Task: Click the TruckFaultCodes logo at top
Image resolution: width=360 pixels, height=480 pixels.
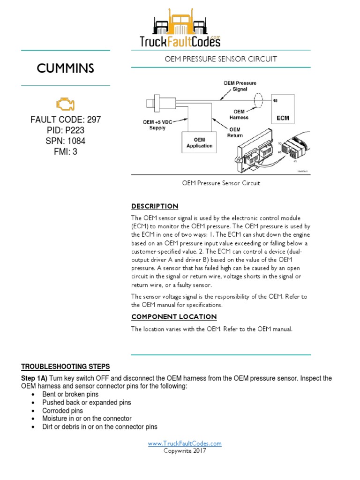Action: coord(180,30)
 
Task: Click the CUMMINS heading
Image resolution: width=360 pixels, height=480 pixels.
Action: coord(66,68)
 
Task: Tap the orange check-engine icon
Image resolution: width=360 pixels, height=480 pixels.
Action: coord(65,104)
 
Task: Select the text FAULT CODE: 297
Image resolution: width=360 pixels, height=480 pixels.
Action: coord(66,120)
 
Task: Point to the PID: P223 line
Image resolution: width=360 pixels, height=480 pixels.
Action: coord(66,130)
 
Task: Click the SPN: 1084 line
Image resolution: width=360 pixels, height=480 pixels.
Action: coord(66,141)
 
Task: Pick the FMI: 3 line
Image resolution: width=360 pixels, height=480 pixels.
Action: coord(66,152)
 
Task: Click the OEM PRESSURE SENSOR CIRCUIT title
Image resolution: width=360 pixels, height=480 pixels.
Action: coord(220,59)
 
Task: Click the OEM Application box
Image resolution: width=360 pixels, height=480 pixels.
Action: coord(199,142)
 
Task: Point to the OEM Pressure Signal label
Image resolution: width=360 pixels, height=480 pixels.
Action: coord(240,86)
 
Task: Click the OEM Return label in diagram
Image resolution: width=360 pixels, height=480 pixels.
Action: coord(235,132)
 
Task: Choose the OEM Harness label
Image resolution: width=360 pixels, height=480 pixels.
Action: coord(239,114)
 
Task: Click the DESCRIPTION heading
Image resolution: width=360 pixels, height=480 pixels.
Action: coord(155,206)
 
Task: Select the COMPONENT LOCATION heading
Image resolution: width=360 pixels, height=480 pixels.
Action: coord(174,317)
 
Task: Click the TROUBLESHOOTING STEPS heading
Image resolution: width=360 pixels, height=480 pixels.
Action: coord(66,366)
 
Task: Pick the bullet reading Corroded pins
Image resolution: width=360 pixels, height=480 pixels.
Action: coord(62,411)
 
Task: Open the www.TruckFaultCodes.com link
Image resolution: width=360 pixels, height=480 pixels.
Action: coord(185,443)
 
